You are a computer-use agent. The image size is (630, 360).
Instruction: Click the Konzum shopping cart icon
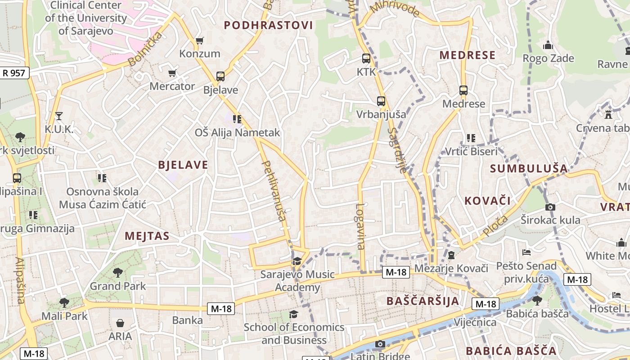199,40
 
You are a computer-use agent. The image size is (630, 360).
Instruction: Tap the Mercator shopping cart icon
172,73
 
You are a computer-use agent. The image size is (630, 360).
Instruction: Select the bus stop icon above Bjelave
220,76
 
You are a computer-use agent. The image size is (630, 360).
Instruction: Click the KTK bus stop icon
366,58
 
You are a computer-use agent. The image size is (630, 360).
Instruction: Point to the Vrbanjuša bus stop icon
381,101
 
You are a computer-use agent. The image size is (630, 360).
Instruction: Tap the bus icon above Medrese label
463,90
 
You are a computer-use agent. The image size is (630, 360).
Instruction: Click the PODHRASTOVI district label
268,25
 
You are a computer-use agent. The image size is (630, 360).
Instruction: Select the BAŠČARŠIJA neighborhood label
423,301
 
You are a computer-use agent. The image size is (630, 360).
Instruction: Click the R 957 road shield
14,72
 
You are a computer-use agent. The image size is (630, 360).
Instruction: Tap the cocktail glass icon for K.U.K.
58,116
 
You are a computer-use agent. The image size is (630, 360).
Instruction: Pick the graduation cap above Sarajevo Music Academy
297,261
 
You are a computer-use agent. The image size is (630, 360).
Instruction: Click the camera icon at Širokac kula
550,207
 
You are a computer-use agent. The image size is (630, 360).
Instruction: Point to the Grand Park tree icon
117,272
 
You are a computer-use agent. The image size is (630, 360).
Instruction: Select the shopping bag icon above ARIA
120,323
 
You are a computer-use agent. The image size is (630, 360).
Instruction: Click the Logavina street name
360,226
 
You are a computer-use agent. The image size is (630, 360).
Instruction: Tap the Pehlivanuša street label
274,191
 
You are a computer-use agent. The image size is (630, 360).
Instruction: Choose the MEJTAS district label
147,236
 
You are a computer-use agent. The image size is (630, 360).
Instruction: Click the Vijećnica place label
475,322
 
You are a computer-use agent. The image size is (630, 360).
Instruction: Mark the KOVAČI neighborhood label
487,201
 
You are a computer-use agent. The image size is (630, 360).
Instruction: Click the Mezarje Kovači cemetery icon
451,255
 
